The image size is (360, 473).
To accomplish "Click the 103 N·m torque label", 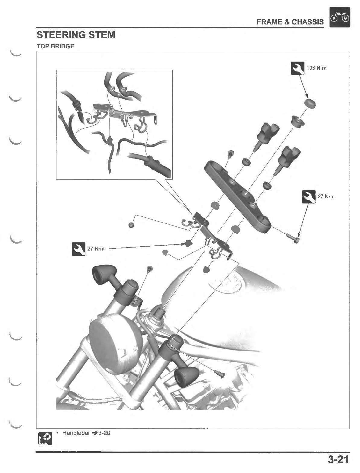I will click(316, 68).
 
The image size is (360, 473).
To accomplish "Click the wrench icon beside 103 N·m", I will click(297, 69).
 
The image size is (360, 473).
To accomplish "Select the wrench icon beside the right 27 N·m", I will click(308, 197).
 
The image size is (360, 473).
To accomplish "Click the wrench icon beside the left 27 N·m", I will click(78, 249).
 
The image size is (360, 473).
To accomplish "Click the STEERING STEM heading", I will click(76, 35).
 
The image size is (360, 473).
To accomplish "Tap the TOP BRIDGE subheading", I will click(55, 46).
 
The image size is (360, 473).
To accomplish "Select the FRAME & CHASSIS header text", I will click(290, 22).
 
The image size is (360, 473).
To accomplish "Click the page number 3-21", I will click(338, 459).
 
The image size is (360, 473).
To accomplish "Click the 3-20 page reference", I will click(104, 433).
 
